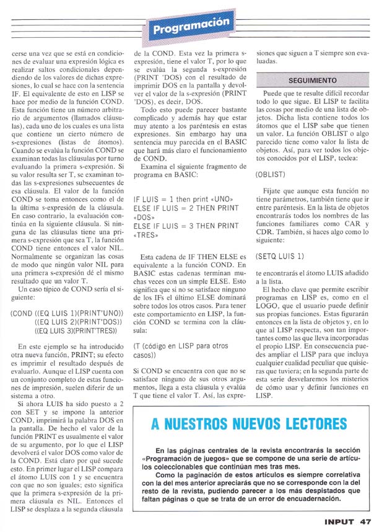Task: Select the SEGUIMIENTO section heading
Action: point(312,81)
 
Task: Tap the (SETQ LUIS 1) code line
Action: point(280,256)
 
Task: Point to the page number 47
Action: point(365,522)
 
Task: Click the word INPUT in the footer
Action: point(339,522)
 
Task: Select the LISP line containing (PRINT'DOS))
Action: point(79,321)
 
